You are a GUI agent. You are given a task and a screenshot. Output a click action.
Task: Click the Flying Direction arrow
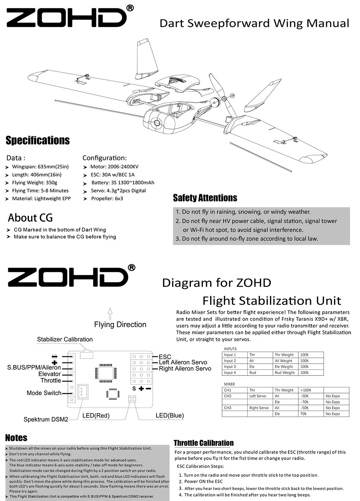pyautogui.click(x=110, y=313)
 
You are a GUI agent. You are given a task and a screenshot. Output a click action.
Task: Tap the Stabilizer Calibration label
pyautogui.click(x=65, y=339)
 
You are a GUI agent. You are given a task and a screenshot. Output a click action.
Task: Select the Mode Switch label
pyautogui.click(x=44, y=393)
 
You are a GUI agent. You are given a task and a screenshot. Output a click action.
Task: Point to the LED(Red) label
pyautogui.click(x=96, y=415)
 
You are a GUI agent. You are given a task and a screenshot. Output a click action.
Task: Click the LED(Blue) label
pyautogui.click(x=170, y=415)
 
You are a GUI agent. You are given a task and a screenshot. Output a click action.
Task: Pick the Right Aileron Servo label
pyautogui.click(x=185, y=368)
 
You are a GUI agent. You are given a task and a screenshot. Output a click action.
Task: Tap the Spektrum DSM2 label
pyautogui.click(x=46, y=419)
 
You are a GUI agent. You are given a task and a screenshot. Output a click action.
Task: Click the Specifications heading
pyautogui.click(x=38, y=140)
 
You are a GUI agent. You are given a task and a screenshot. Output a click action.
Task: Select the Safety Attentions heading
pyautogui.click(x=205, y=198)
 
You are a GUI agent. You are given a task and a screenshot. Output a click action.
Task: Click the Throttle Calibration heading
pyautogui.click(x=204, y=443)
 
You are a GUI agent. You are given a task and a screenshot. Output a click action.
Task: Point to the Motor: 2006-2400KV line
pyautogui.click(x=114, y=167)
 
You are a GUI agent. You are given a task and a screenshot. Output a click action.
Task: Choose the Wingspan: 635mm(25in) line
pyautogui.click(x=40, y=167)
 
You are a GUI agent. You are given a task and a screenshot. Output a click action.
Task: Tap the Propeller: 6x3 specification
pyautogui.click(x=107, y=199)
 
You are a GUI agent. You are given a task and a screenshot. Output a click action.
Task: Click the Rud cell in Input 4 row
pyautogui.click(x=253, y=373)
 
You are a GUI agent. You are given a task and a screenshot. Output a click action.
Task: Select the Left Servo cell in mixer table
pyautogui.click(x=258, y=396)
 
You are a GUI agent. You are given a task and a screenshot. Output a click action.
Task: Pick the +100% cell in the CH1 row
pyautogui.click(x=306, y=390)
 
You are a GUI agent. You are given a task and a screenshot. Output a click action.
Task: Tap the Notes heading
pyautogui.click(x=16, y=438)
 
